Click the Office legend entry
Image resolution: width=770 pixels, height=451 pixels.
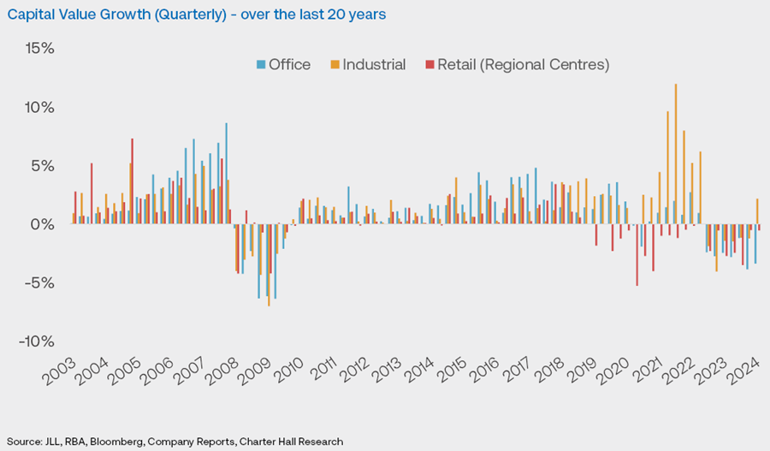284,65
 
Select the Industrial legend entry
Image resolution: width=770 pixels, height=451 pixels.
370,65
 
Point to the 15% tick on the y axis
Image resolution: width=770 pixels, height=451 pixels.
39,49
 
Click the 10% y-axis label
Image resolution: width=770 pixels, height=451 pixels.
39,108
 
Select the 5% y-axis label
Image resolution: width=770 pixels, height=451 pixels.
43,166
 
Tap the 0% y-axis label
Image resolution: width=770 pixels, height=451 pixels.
43,224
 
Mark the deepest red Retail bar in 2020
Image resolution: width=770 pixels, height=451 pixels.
637,255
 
